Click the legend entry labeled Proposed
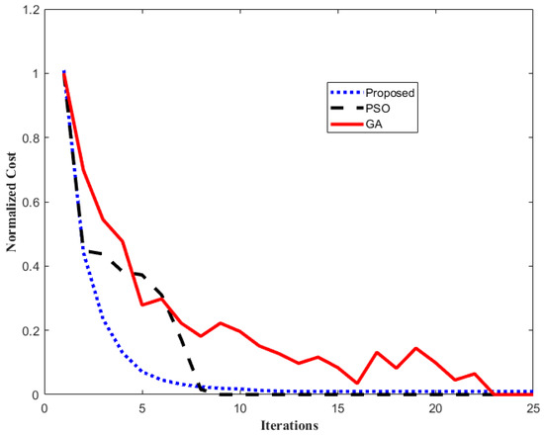pos(388,92)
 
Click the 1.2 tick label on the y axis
pos(30,10)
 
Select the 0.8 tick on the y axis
pos(30,138)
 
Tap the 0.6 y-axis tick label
pos(30,203)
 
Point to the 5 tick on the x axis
pos(142,406)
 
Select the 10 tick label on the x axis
pos(240,406)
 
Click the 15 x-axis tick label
pos(338,406)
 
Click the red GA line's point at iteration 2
pos(83,170)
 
